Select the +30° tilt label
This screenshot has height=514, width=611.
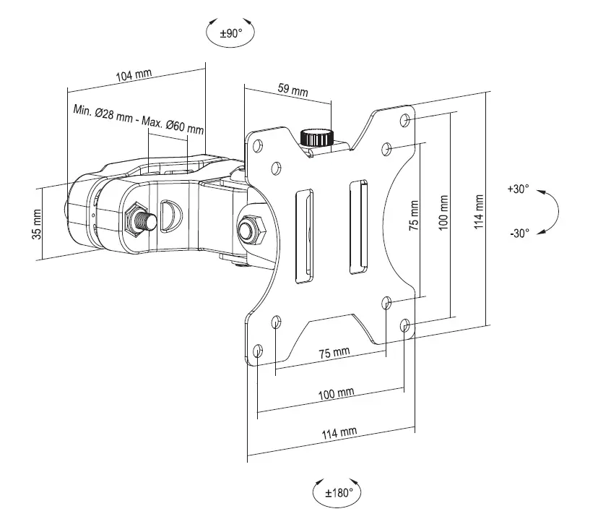(518, 189)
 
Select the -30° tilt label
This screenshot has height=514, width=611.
(518, 233)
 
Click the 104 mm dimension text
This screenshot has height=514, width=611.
(133, 75)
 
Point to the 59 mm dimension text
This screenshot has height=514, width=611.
(292, 90)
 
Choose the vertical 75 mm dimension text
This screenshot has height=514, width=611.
(413, 216)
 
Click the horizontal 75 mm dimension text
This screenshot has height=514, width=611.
(334, 352)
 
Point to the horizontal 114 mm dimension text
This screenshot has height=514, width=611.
(339, 432)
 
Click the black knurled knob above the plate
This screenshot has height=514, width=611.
(316, 137)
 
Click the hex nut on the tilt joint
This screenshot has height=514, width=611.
(250, 228)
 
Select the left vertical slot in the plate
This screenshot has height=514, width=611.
(304, 235)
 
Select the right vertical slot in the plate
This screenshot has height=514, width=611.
(357, 228)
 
